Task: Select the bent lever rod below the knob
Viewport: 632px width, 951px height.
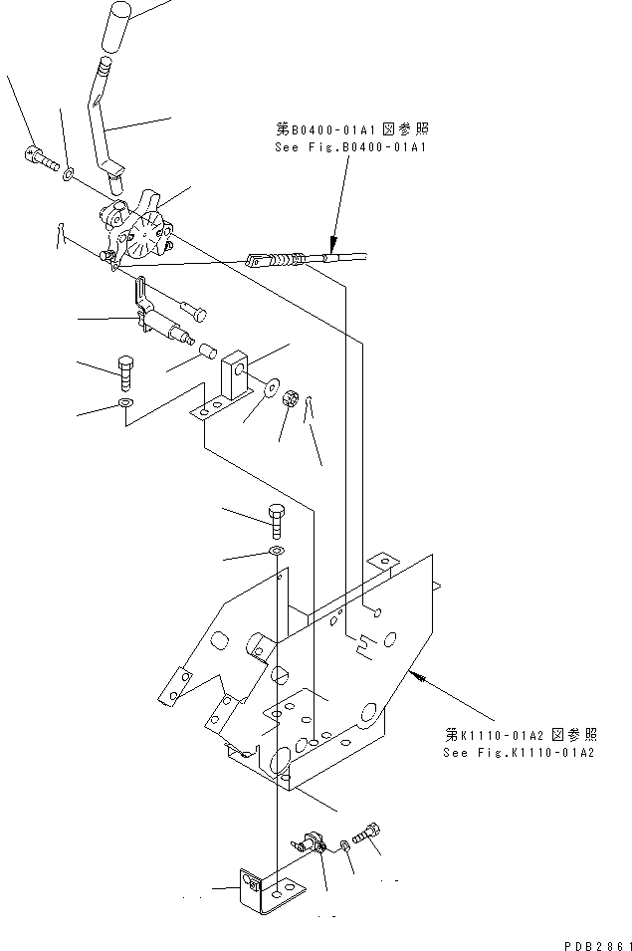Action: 102,119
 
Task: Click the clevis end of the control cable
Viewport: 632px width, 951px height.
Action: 257,261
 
